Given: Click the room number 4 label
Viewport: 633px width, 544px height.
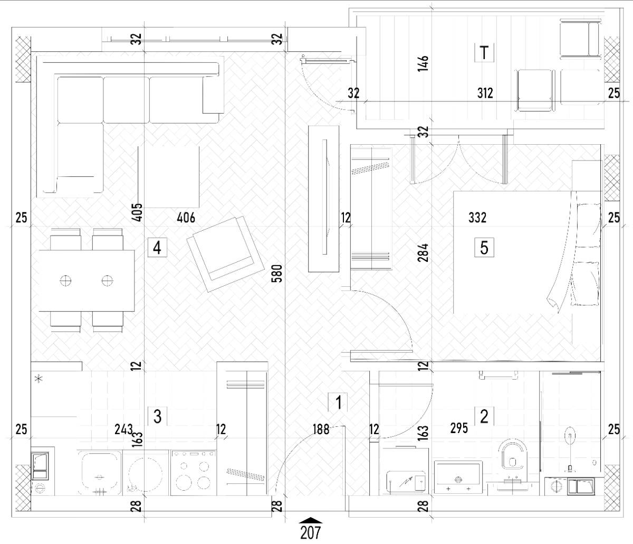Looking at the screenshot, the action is [x=157, y=248].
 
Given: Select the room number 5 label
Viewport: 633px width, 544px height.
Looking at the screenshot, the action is [x=484, y=247].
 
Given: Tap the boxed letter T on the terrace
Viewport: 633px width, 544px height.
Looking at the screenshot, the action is [x=484, y=52].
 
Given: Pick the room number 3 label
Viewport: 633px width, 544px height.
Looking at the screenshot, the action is [x=157, y=416].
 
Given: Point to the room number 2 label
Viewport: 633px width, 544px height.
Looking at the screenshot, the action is [x=484, y=416].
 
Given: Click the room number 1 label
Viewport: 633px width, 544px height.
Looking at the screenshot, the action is [x=338, y=402].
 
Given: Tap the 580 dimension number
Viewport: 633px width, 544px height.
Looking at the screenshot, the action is [x=277, y=273].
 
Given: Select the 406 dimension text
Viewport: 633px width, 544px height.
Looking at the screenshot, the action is [x=186, y=218].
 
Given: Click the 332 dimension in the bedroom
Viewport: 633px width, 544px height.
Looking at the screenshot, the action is [x=477, y=218].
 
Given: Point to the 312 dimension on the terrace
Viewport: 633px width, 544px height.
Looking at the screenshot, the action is [x=485, y=93].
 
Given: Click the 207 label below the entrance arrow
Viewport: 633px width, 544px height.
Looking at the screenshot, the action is [x=311, y=533].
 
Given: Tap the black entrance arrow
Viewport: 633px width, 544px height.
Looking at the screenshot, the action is [x=311, y=520].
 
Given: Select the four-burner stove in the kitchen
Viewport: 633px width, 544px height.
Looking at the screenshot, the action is [x=193, y=473].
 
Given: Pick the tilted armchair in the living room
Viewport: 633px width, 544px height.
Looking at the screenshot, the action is [x=226, y=254].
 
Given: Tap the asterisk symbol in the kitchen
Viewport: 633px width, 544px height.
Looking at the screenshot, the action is [x=39, y=379].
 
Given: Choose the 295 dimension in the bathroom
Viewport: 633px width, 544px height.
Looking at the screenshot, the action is [x=459, y=428].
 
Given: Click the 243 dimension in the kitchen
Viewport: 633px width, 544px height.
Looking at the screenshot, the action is [x=124, y=429].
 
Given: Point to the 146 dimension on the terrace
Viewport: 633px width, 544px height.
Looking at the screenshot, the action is [x=423, y=63].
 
